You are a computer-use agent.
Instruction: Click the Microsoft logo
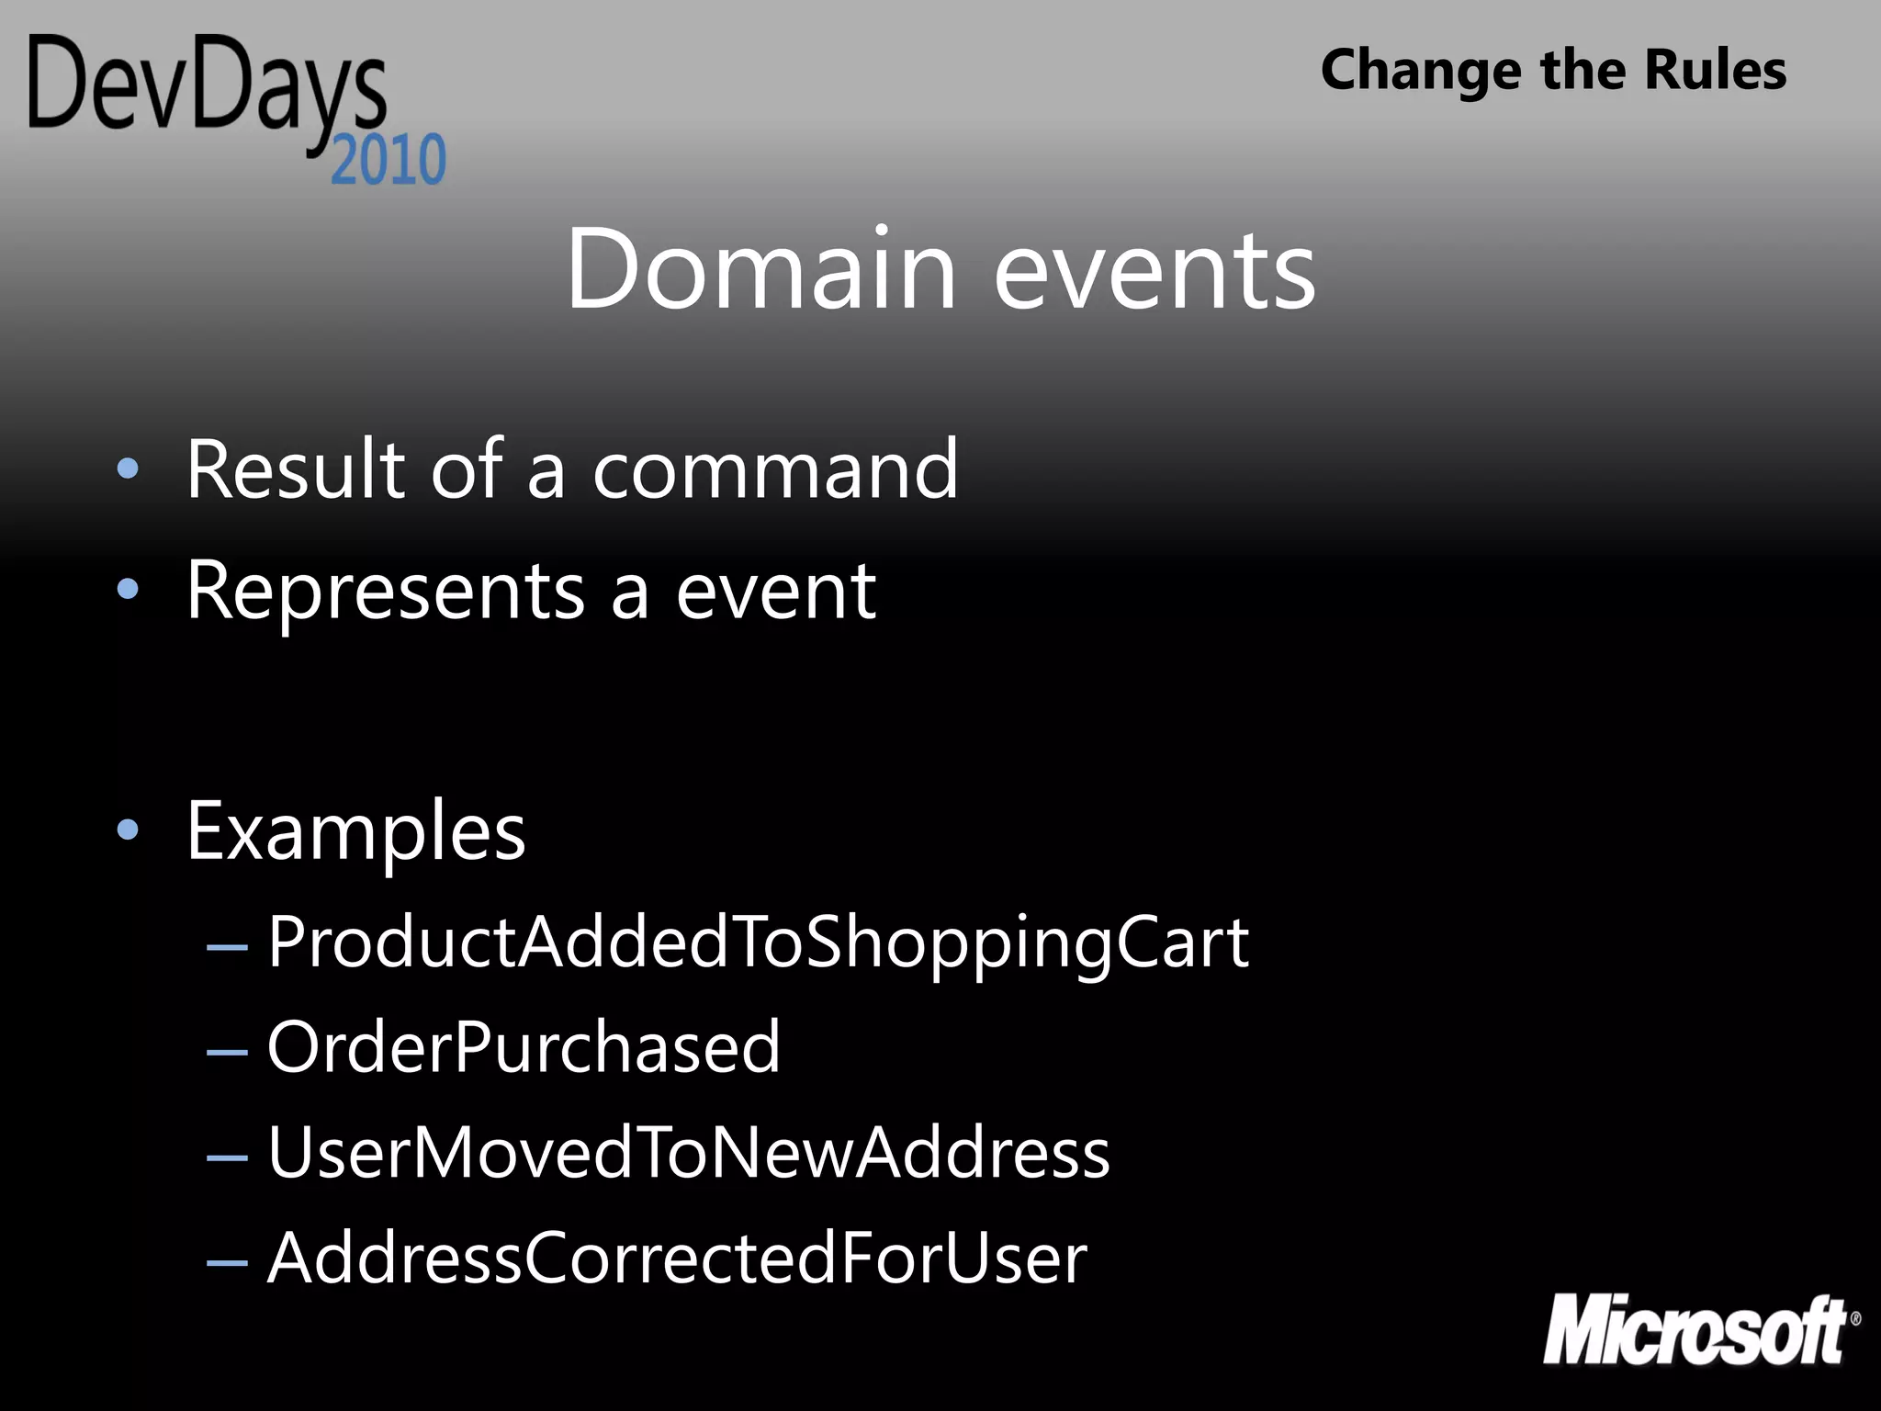point(1699,1330)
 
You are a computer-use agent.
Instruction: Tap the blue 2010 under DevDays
point(389,161)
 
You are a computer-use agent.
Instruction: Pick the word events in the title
point(1155,271)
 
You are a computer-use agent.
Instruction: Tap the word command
point(775,469)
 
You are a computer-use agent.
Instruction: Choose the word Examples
point(355,831)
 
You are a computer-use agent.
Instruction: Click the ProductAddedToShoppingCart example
point(758,943)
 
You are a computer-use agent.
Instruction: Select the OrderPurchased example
point(524,1047)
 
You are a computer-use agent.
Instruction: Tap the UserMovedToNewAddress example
point(688,1153)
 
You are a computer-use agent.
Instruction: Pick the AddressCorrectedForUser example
point(677,1259)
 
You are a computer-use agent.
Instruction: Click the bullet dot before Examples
point(128,830)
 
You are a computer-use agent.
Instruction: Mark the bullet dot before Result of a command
point(128,469)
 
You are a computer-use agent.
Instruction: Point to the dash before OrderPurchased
point(227,1051)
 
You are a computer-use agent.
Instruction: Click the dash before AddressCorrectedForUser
point(227,1262)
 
